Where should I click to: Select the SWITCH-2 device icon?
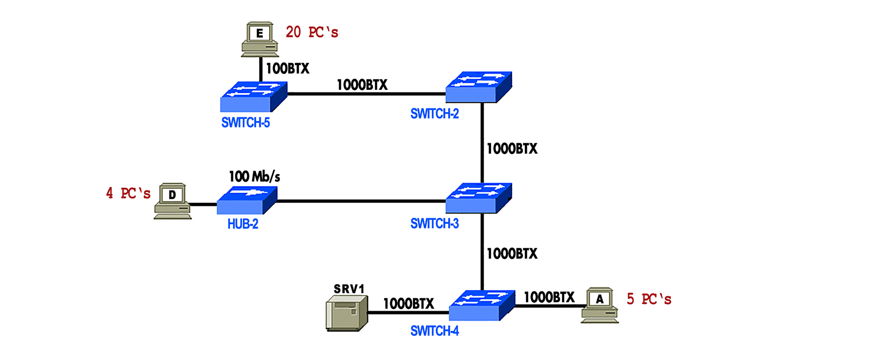point(479,87)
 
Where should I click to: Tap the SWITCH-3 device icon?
point(479,198)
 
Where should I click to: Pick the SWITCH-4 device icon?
point(482,305)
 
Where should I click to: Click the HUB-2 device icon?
point(247,200)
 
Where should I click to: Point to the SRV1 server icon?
point(347,313)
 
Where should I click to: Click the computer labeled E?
point(260,39)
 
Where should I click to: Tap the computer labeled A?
point(600,305)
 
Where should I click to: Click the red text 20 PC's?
point(312,33)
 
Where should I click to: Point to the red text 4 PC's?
point(128,193)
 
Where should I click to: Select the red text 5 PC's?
point(648,299)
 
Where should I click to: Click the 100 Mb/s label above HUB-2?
point(254,176)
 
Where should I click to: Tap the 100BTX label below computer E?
point(287,69)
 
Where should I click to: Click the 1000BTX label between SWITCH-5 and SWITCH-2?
point(362,85)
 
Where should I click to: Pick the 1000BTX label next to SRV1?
point(408,304)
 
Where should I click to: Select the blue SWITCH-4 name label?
point(435,331)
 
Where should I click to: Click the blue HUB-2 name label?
point(242,224)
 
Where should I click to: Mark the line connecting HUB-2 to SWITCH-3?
point(361,201)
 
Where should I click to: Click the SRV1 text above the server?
point(349,289)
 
